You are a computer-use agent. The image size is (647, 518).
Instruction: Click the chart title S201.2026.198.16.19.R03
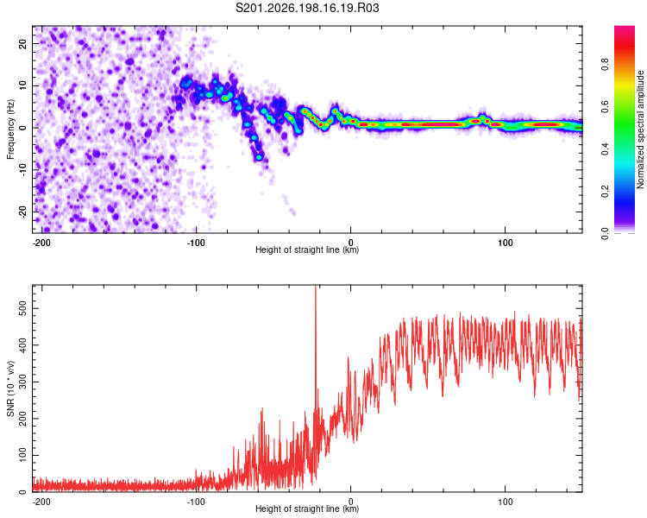pos(307,8)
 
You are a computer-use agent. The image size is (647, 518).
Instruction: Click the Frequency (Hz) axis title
pos(10,129)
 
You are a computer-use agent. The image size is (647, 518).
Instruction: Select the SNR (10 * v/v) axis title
pos(10,388)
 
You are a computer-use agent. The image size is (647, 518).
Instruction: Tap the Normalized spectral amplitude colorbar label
pos(640,129)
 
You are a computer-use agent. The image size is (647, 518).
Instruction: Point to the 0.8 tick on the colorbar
pos(605,65)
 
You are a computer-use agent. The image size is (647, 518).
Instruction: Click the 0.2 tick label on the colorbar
pos(605,192)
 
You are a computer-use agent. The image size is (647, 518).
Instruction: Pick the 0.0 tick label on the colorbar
pos(605,233)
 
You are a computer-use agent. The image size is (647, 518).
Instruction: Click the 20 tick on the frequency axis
pos(22,43)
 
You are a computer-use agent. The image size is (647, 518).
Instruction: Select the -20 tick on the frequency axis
pos(22,212)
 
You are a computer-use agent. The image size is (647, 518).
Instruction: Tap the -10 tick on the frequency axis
pos(22,170)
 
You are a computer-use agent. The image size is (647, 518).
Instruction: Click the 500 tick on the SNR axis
pos(22,308)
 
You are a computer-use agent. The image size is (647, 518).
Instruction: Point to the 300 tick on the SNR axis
pos(22,382)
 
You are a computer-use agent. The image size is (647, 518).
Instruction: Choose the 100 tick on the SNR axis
pos(22,455)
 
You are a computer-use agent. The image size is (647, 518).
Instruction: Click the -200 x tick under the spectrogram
pos(41,243)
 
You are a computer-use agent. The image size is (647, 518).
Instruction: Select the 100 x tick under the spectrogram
pos(505,243)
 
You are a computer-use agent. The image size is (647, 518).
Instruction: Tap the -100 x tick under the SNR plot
pos(196,502)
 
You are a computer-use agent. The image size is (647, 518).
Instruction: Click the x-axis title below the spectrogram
pos(307,250)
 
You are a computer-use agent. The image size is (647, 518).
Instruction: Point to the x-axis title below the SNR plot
pos(307,509)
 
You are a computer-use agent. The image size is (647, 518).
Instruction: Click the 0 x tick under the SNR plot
pos(351,502)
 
